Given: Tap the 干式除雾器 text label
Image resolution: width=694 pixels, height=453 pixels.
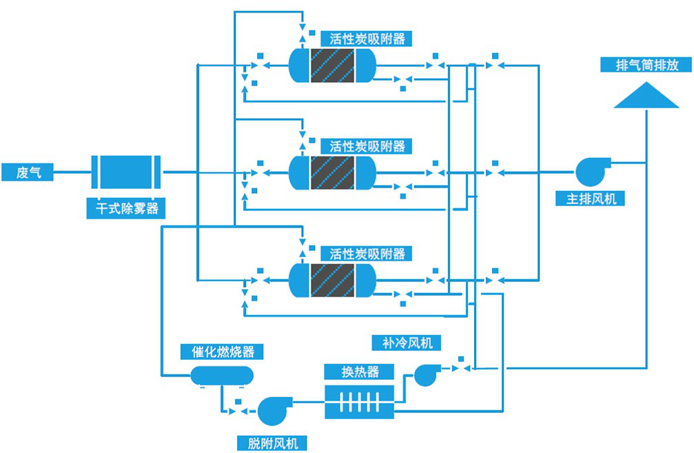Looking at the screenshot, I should coord(126,208).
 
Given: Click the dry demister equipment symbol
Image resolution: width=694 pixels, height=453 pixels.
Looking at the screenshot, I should coord(126,172).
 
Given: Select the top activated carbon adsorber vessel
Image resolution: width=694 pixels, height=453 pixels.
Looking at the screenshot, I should coord(332,66).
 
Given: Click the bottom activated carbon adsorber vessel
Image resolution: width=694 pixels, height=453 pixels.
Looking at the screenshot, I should coord(332,280).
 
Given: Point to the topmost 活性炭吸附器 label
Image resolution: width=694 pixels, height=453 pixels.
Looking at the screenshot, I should coord(367,39).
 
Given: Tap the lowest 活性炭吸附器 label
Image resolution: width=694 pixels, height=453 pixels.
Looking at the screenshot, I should coord(367,253).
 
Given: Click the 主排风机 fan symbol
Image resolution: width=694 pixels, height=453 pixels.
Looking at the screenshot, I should coord(590,171).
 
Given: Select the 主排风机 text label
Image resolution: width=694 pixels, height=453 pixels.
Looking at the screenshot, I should coord(591,199).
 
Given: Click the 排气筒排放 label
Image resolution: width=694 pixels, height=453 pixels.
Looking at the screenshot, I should coord(647,66).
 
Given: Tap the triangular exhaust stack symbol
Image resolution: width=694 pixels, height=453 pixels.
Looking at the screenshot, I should coord(646,97).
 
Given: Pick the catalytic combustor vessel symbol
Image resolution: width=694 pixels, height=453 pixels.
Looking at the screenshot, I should coord(221,375).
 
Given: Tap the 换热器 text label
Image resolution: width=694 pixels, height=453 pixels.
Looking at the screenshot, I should coord(360,372).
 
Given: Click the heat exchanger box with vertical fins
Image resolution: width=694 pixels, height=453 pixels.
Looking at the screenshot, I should coord(359,401).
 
